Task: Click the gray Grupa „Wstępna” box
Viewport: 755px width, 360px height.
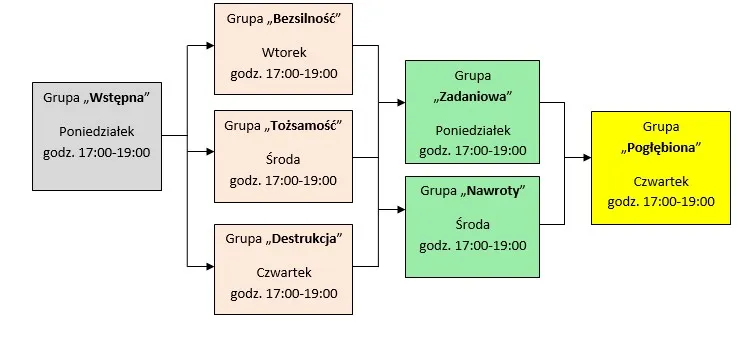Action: pos(97,134)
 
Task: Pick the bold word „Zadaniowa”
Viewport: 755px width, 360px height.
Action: pos(473,97)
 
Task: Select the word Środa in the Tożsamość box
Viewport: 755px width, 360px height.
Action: pos(283,159)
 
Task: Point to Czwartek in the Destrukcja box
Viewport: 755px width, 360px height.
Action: pos(283,272)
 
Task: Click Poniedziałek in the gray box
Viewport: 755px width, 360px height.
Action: pos(97,131)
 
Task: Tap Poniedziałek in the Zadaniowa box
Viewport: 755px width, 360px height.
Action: pos(473,130)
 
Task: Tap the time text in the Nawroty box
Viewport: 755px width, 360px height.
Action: pos(473,243)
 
